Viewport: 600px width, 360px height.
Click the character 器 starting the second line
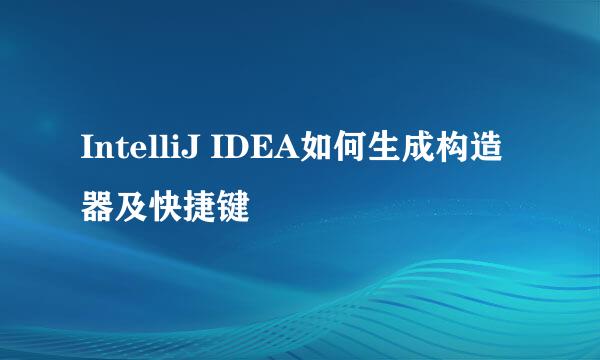pyautogui.click(x=98, y=207)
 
